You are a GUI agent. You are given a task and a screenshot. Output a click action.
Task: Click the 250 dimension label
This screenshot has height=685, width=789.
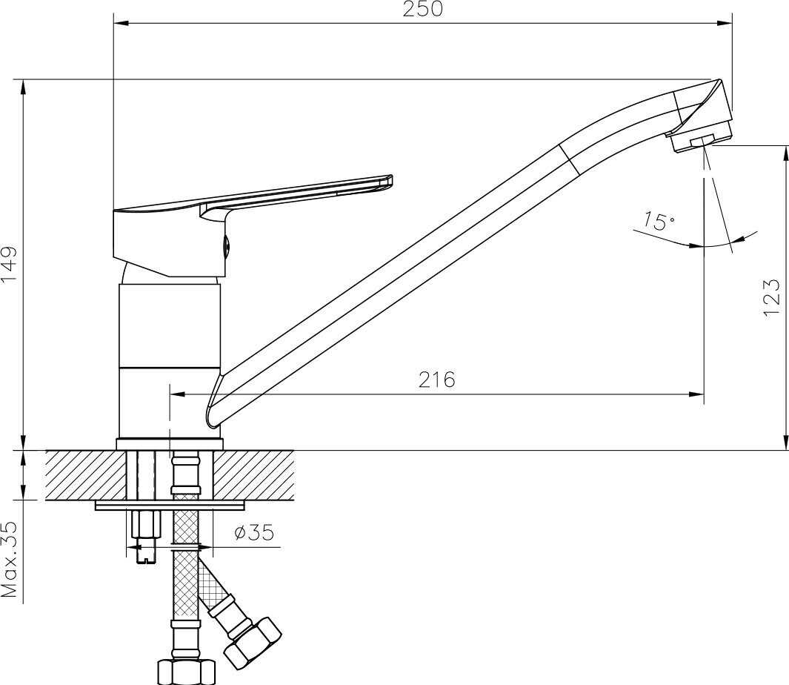(423, 10)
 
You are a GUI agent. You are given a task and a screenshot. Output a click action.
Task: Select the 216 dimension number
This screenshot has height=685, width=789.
(437, 380)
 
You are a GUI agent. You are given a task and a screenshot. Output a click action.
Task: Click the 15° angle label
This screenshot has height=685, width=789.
(659, 221)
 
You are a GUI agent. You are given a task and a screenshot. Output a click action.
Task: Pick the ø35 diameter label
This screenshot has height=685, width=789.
(255, 532)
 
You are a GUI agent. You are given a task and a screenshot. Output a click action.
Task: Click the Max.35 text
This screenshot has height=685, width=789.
(10, 560)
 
